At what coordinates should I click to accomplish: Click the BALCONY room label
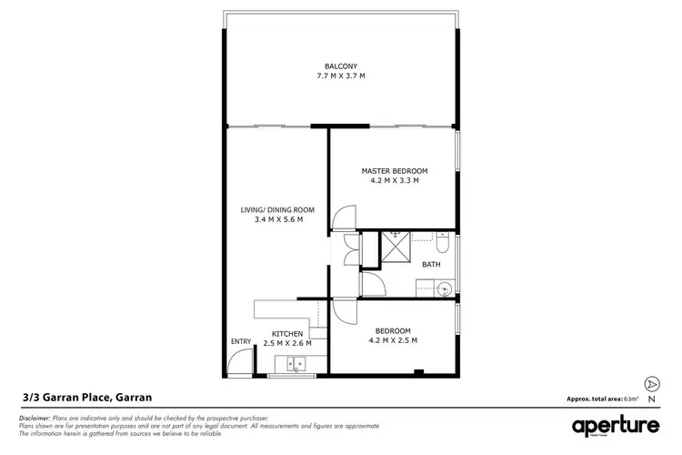pos(341,65)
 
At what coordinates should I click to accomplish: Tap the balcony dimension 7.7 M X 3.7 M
pos(341,76)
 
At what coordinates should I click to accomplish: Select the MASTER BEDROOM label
pos(394,170)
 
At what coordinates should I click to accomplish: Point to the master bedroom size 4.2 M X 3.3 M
pos(394,181)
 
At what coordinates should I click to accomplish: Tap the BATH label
pos(431,264)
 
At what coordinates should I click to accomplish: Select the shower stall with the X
pos(395,246)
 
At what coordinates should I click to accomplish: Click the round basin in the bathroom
pos(443,289)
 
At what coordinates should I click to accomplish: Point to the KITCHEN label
pos(287,334)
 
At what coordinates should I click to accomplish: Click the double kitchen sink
pos(296,366)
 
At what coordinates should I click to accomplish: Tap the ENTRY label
pos(241,341)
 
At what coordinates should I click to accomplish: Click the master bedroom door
pos(343,217)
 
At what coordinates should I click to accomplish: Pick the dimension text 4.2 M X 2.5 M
pos(394,340)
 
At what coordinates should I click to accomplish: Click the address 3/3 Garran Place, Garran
pos(86,397)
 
